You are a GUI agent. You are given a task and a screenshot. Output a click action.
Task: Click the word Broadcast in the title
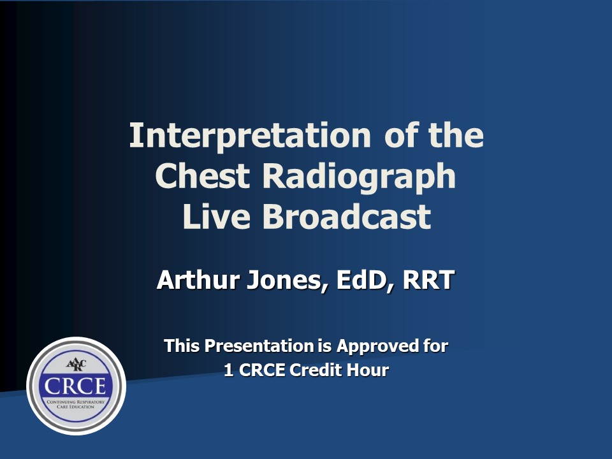346,216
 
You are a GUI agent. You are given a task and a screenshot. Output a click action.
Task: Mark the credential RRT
428,280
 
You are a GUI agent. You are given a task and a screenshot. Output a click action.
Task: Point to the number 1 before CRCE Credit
228,370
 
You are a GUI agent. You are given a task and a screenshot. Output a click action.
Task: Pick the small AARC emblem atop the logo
76,365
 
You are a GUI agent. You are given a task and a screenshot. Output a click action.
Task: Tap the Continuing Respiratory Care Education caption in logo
76,405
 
